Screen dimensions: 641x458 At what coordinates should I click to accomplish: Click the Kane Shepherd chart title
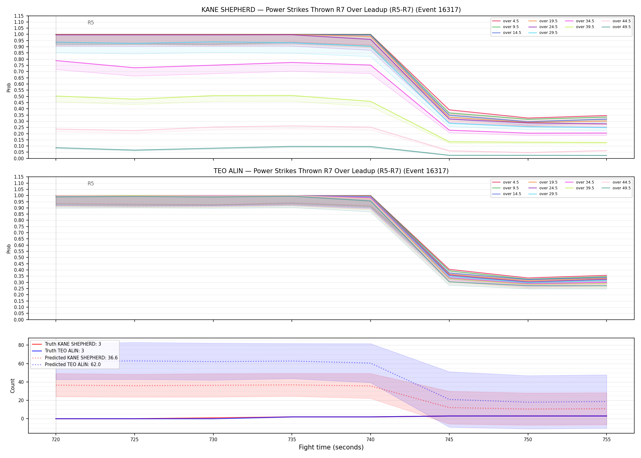(331, 10)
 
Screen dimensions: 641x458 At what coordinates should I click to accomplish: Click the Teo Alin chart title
(331, 171)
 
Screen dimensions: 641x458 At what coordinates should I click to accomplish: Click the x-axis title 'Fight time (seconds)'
(331, 447)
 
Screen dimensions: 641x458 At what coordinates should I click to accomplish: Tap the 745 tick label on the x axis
(449, 440)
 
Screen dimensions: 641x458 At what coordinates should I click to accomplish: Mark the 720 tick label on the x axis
(56, 440)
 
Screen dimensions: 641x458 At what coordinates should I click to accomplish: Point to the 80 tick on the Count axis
(21, 345)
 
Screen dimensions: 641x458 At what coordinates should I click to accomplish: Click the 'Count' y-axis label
(13, 386)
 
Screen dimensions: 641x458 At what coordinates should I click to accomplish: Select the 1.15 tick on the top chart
(19, 16)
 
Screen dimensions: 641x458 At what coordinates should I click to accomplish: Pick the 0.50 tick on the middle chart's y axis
(19, 258)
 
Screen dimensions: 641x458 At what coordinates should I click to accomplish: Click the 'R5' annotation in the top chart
(91, 23)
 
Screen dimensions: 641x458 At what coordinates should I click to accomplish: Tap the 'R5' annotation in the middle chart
(91, 184)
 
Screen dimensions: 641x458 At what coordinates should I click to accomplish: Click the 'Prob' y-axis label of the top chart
(9, 87)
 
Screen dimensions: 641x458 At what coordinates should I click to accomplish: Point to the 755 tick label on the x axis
(607, 440)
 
